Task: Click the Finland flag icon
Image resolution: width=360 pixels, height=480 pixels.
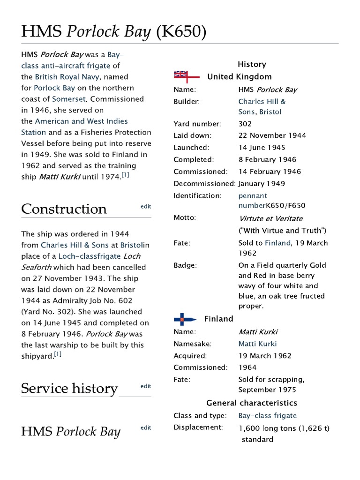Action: point(185,319)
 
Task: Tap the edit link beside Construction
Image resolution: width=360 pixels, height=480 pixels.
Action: point(146,206)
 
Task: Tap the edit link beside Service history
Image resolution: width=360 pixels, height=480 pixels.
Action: point(146,386)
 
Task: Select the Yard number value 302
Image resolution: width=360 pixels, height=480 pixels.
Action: point(245,124)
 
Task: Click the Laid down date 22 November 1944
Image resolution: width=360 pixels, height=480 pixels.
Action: point(272,135)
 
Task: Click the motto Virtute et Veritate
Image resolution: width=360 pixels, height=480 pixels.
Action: point(270,218)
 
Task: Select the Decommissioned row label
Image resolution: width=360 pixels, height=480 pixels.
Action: point(204,184)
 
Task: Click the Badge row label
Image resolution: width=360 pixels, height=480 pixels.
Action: point(185,265)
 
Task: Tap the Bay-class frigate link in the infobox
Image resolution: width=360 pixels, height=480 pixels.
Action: point(267,416)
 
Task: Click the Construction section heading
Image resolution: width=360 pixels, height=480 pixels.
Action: point(64,209)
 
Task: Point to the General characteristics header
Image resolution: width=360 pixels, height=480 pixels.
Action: point(252,403)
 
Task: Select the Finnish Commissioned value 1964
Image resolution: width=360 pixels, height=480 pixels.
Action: point(247,367)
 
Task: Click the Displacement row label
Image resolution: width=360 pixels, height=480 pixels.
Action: point(197,427)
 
